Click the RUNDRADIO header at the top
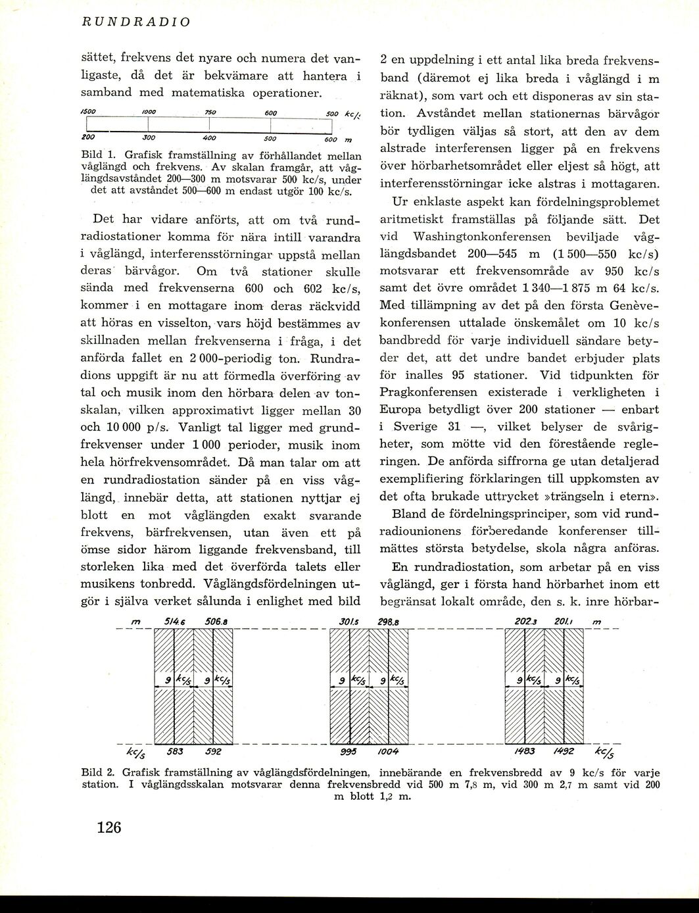click(136, 22)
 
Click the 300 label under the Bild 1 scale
click(149, 139)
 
